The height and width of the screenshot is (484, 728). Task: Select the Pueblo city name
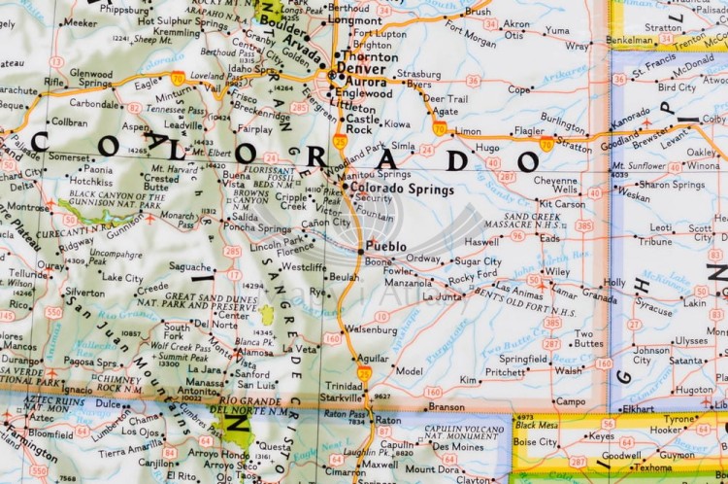pyautogui.click(x=386, y=247)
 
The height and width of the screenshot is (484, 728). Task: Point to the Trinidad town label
pyautogui.click(x=345, y=385)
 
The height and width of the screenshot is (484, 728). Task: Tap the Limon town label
pyautogui.click(x=468, y=131)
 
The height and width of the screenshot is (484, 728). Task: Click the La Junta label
pyautogui.click(x=443, y=295)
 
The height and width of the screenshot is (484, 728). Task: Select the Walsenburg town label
pyautogui.click(x=372, y=329)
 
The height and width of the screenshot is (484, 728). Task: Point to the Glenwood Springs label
pyautogui.click(x=90, y=78)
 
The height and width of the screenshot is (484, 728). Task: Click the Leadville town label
pyautogui.click(x=183, y=125)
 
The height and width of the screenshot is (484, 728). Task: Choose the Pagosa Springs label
pyautogui.click(x=90, y=361)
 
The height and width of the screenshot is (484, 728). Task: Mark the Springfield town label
pyautogui.click(x=522, y=358)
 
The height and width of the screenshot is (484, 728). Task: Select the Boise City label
pyautogui.click(x=535, y=442)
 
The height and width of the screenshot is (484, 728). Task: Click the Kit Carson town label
pyautogui.click(x=562, y=204)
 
